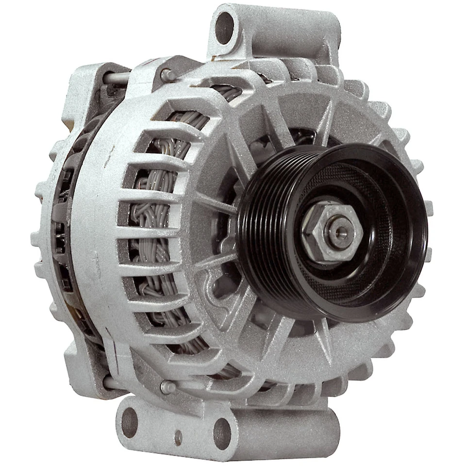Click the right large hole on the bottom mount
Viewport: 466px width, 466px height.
point(222,433)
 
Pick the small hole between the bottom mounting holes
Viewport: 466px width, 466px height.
point(178,436)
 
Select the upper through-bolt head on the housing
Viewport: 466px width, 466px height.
point(166,75)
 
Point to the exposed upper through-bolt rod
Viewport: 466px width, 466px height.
point(117,77)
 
